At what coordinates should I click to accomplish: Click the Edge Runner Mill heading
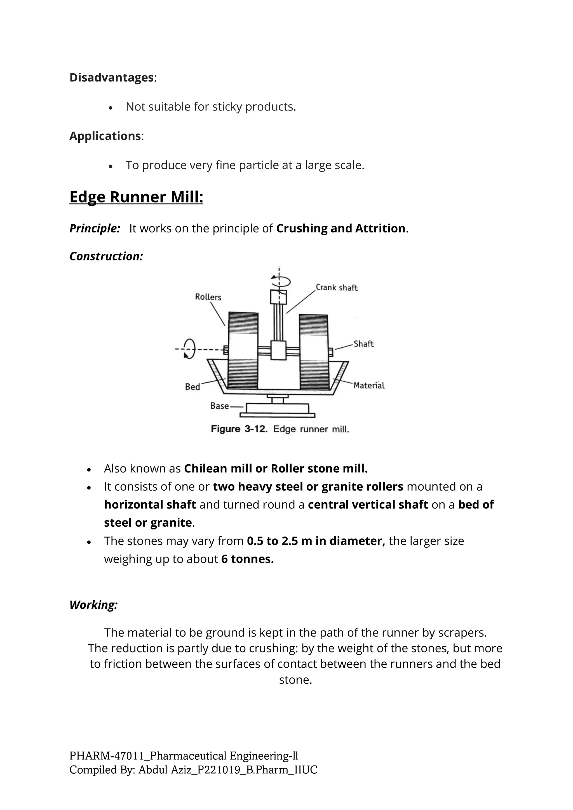136,197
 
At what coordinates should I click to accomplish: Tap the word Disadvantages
112,77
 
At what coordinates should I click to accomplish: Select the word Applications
105,136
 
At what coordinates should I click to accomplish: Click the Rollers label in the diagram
208,297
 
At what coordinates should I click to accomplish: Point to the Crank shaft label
336,288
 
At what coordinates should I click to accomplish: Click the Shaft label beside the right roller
363,344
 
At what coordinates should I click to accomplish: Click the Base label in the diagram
219,406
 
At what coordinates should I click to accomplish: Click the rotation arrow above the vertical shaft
281,281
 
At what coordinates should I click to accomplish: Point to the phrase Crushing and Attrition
340,228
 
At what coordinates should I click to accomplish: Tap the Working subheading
93,605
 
